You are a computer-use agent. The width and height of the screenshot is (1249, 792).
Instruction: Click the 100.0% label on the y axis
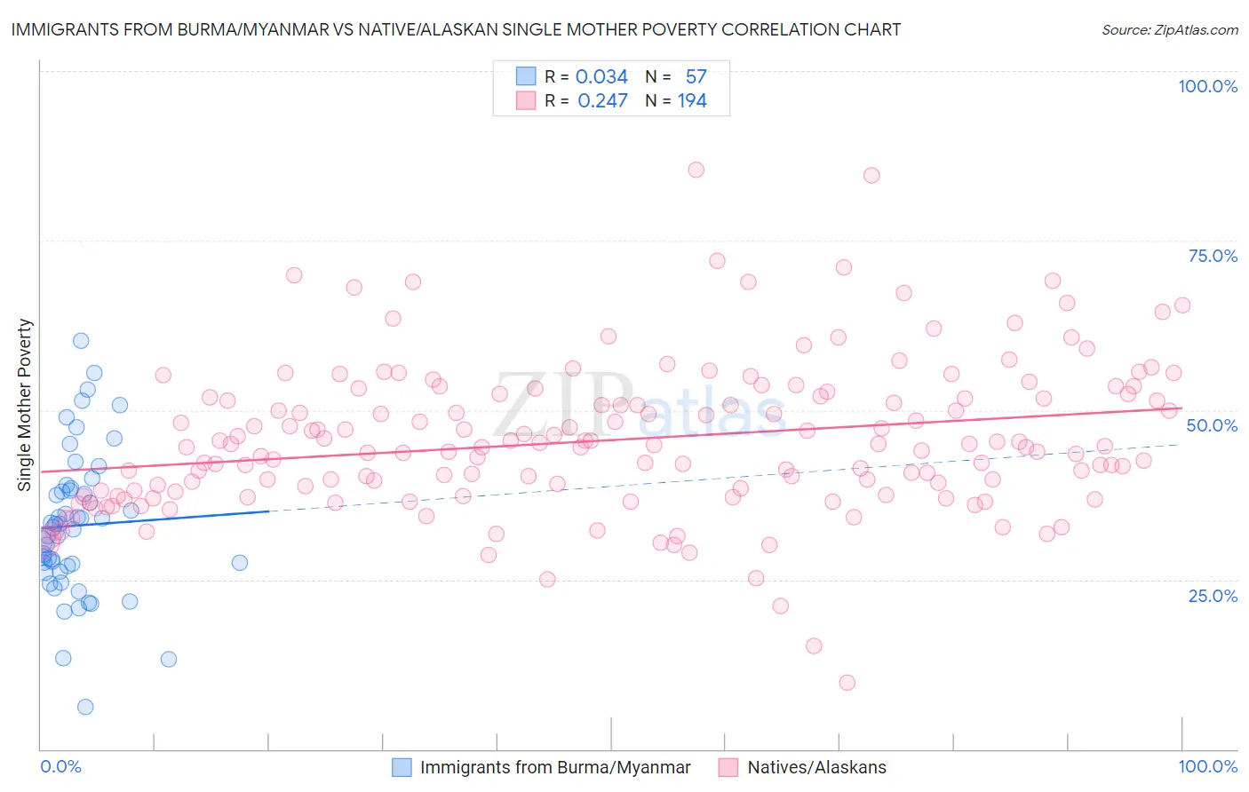pyautogui.click(x=1207, y=86)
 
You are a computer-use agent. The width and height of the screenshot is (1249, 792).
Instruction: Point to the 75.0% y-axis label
pyautogui.click(x=1213, y=256)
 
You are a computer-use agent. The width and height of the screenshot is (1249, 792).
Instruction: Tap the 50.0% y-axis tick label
pyautogui.click(x=1212, y=425)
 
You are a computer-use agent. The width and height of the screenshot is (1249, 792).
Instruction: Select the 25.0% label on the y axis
pyautogui.click(x=1213, y=595)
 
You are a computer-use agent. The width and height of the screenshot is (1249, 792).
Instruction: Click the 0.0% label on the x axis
pyautogui.click(x=60, y=766)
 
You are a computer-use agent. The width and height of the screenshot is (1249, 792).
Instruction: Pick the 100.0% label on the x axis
pyautogui.click(x=1207, y=766)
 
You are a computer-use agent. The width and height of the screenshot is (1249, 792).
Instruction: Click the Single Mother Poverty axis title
pyautogui.click(x=25, y=405)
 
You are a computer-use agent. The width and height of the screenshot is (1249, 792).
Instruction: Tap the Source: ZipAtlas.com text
pyautogui.click(x=1169, y=30)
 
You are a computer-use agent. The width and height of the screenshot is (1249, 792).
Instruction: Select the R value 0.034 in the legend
pyautogui.click(x=601, y=76)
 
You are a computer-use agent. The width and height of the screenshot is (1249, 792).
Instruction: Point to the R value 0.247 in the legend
pyautogui.click(x=602, y=100)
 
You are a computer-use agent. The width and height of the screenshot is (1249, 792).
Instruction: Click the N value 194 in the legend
pyautogui.click(x=692, y=100)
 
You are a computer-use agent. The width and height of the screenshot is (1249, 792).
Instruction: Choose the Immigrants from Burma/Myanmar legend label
pyautogui.click(x=555, y=767)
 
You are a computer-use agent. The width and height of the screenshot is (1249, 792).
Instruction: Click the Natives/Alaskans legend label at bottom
pyautogui.click(x=816, y=767)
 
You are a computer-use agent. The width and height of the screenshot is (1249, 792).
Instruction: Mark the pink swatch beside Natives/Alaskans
pyautogui.click(x=728, y=767)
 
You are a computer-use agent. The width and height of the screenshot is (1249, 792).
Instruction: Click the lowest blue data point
pyautogui.click(x=85, y=707)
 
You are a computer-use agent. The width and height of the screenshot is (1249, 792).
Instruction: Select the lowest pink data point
pyautogui.click(x=847, y=683)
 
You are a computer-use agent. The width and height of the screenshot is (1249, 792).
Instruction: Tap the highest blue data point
pyautogui.click(x=81, y=340)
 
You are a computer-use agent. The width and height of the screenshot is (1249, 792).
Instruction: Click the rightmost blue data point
pyautogui.click(x=240, y=562)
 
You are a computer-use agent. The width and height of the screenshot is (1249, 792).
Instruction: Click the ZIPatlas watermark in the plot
pyautogui.click(x=640, y=406)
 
